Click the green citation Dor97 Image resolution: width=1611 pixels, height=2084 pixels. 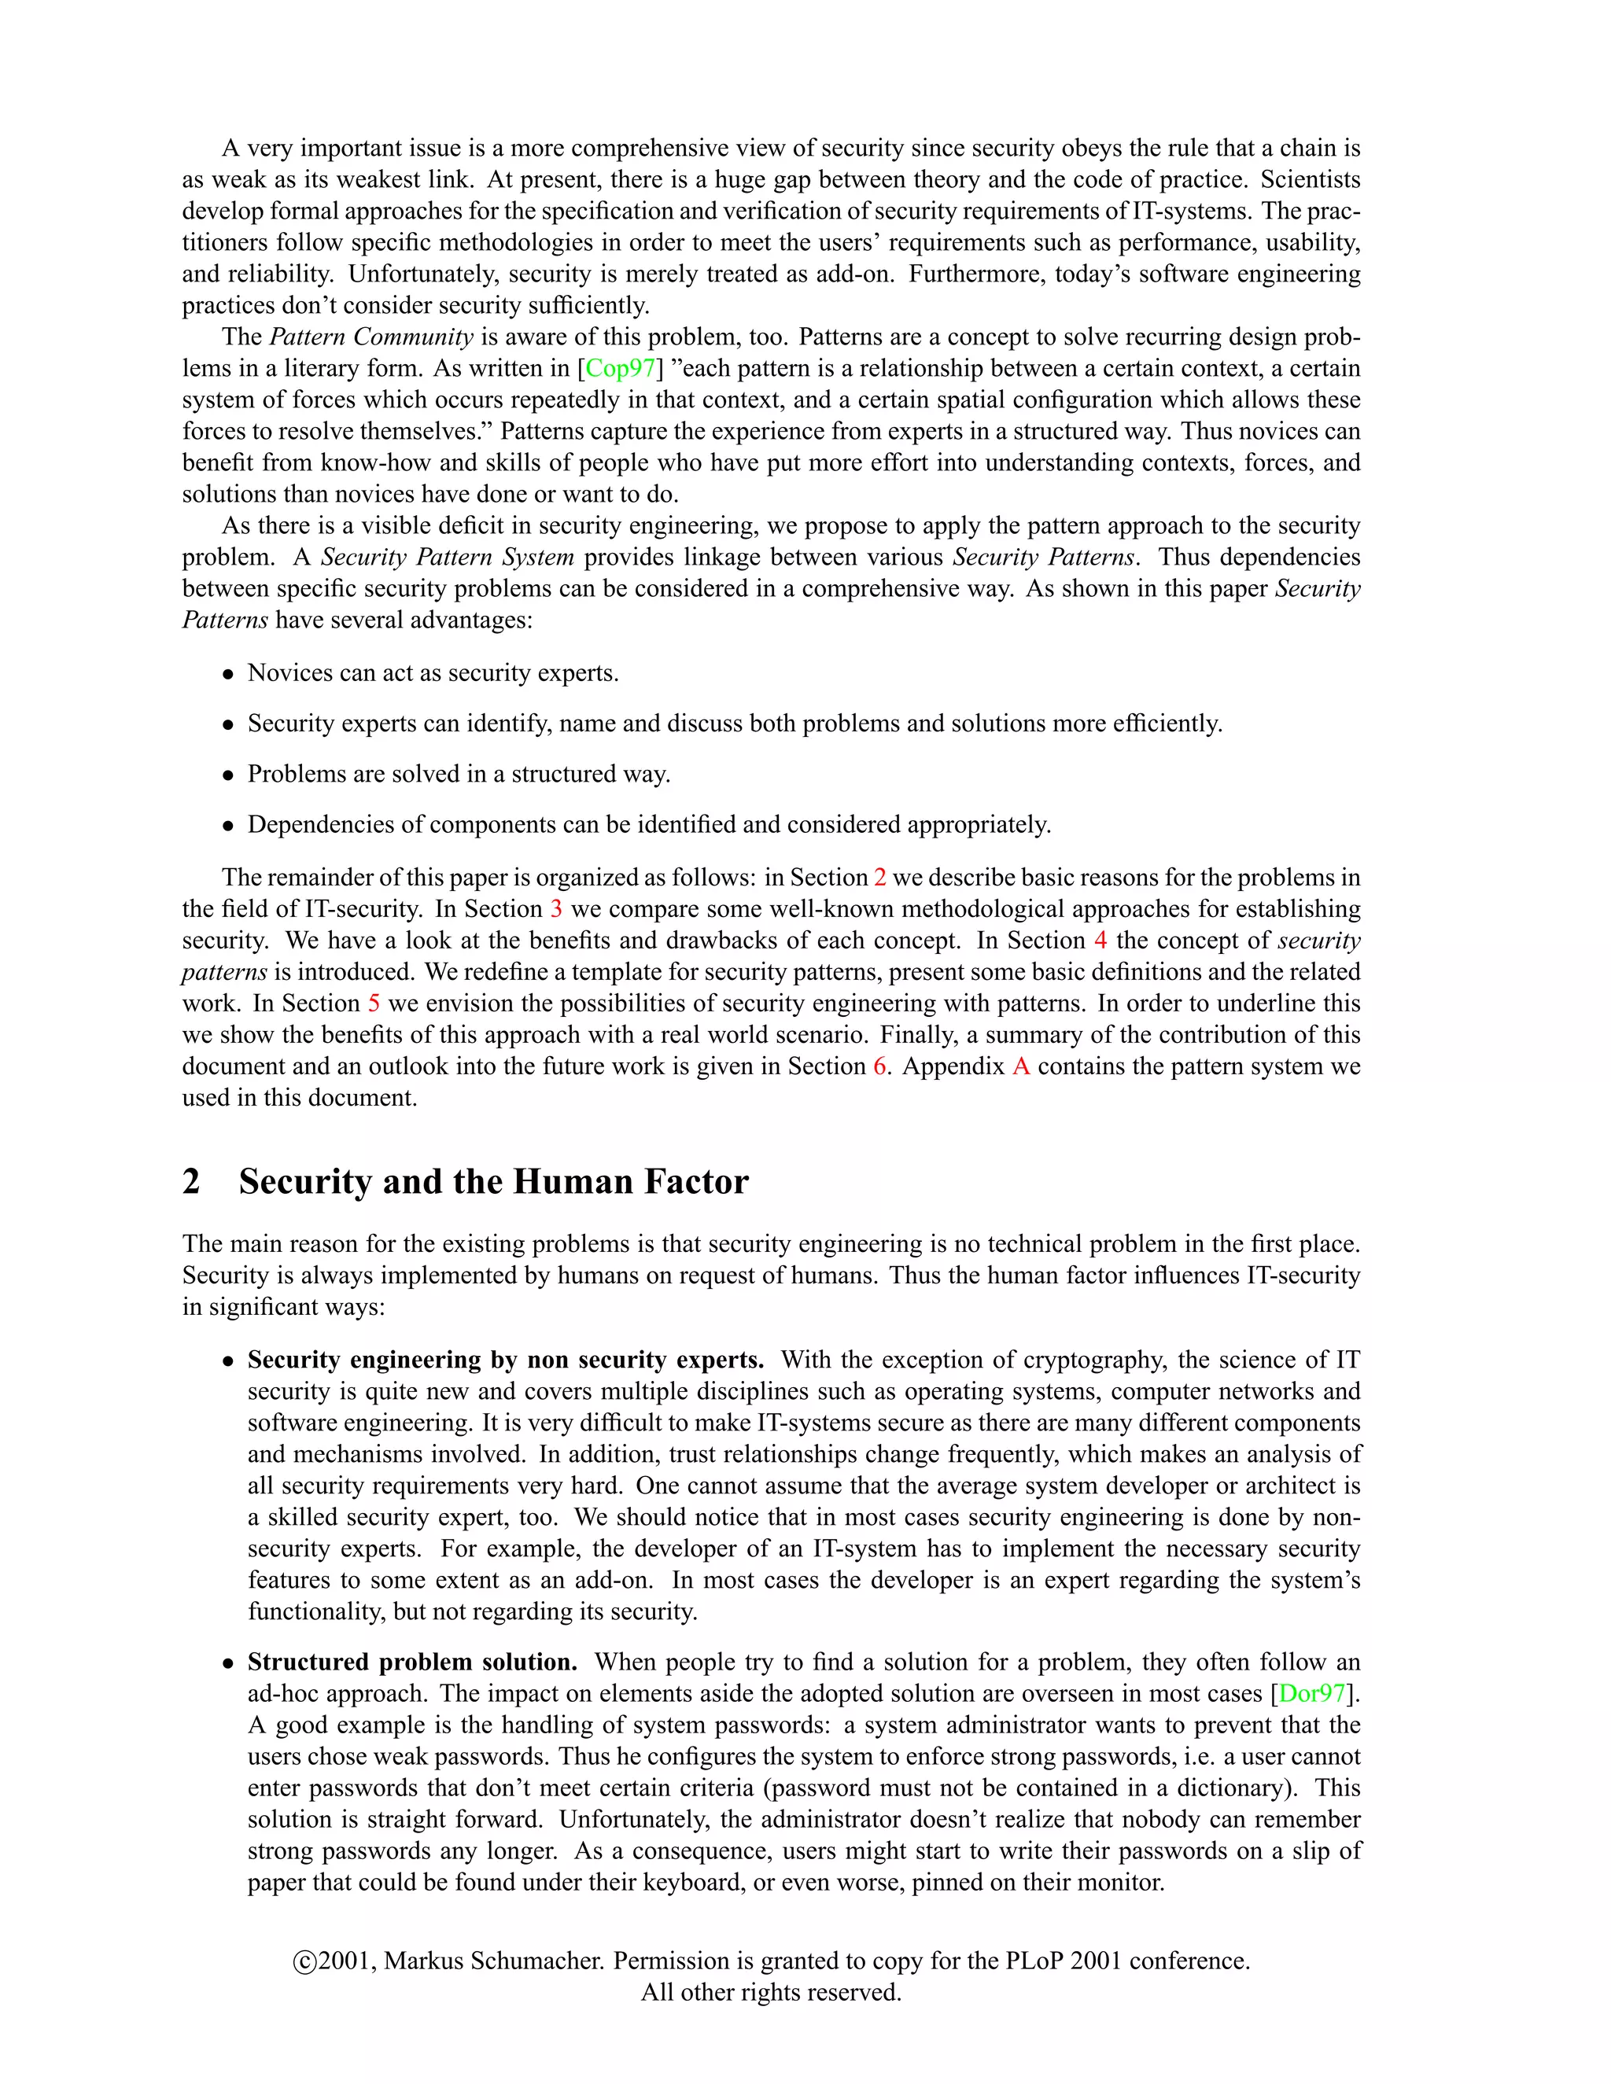tap(1312, 1694)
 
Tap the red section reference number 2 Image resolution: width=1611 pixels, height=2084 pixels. tap(880, 878)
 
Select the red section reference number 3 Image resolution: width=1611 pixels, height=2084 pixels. tap(556, 909)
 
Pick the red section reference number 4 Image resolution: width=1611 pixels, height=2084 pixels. tap(1100, 941)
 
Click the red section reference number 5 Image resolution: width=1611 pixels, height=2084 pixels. tap(374, 1003)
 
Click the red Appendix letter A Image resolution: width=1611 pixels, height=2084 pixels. tap(1020, 1067)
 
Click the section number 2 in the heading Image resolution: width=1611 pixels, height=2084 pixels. tap(192, 1181)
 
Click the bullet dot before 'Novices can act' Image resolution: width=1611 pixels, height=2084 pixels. tap(228, 675)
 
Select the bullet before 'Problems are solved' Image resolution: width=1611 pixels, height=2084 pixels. tap(228, 775)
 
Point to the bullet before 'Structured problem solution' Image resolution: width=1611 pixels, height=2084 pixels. tap(228, 1664)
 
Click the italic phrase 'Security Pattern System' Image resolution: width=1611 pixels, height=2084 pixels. tap(448, 558)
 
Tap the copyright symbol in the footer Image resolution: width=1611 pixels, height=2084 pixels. tap(304, 1963)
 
